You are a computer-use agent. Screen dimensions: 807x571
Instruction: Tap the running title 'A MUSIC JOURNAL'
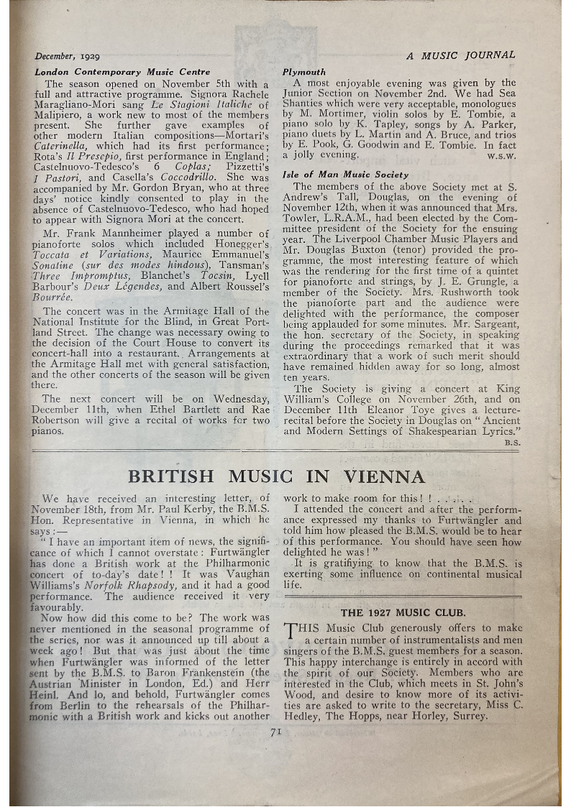[x=460, y=55]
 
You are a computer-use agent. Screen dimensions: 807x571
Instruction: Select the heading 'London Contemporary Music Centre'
[x=122, y=72]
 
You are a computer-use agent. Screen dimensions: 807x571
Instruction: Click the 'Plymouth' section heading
[x=303, y=72]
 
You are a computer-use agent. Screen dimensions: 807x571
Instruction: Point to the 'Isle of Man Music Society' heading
[x=345, y=175]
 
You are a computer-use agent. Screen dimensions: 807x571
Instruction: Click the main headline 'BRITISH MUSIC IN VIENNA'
[x=276, y=476]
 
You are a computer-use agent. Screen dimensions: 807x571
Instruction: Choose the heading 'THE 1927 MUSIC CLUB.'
[x=403, y=613]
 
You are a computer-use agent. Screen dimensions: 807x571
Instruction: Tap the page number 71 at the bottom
[x=275, y=732]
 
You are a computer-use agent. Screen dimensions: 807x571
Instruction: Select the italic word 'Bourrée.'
[x=54, y=296]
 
